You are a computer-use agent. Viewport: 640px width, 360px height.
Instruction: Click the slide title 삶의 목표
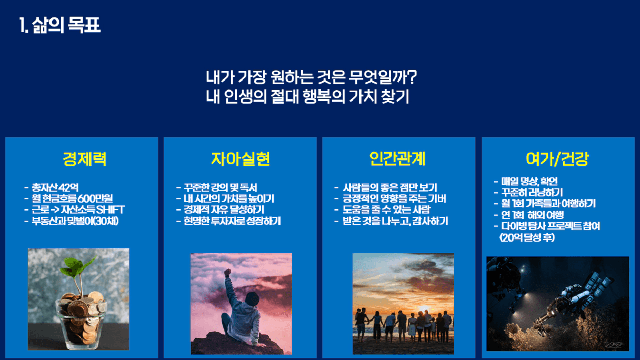(x=66, y=25)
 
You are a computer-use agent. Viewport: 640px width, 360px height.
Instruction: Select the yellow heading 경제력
(x=85, y=159)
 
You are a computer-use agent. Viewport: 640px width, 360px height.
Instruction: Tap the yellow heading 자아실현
(x=241, y=159)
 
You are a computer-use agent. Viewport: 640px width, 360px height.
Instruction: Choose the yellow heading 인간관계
(x=397, y=159)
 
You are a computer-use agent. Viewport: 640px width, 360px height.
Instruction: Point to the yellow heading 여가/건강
(x=557, y=159)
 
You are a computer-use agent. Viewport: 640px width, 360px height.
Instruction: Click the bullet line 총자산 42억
(x=55, y=187)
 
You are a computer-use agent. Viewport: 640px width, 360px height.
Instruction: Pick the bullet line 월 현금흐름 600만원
(x=72, y=198)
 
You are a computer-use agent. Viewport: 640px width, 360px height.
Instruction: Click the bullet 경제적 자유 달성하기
(x=224, y=209)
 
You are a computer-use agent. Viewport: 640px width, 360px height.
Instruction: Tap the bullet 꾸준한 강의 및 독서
(x=221, y=187)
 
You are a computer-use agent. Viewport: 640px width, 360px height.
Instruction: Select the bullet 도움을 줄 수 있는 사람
(x=386, y=209)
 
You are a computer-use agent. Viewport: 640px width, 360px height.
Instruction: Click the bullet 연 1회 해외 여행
(x=532, y=215)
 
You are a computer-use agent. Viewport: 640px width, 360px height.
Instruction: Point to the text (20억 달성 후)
(x=527, y=237)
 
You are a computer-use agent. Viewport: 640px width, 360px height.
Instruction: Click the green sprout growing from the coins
(x=78, y=268)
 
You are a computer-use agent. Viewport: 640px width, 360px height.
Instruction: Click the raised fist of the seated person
(x=227, y=272)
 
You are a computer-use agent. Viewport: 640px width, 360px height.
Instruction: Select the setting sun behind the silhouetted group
(x=424, y=309)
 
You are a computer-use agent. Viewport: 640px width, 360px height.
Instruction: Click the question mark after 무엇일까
(x=412, y=77)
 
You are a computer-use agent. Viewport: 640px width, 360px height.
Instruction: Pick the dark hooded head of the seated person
(x=252, y=299)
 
